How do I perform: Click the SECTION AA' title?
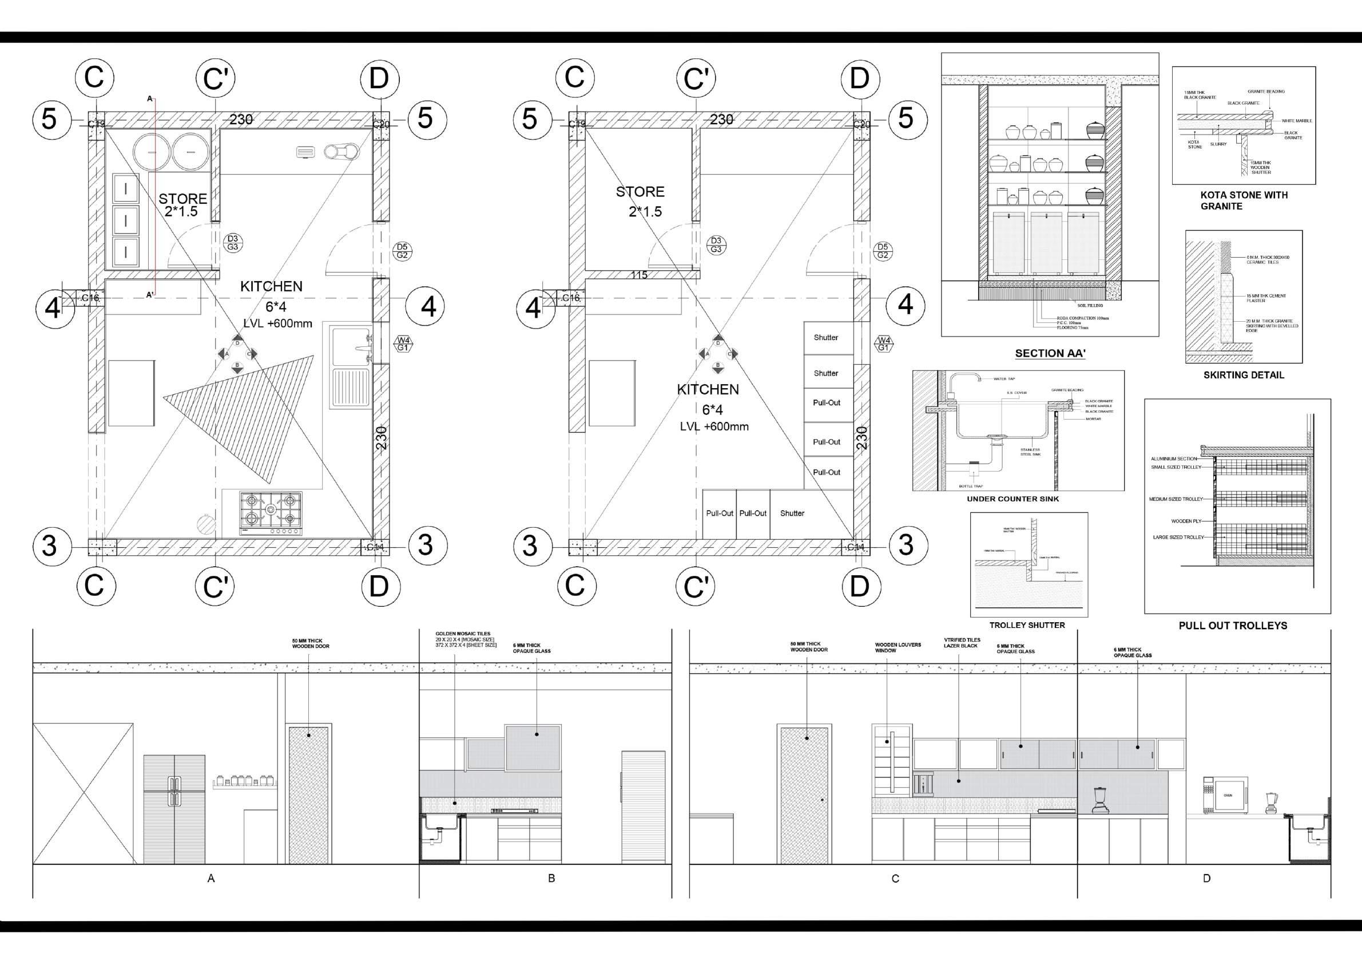click(1050, 353)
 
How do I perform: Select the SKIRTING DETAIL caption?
click(1244, 375)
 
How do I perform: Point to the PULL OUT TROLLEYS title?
click(1233, 626)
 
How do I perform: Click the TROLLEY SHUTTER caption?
click(1027, 625)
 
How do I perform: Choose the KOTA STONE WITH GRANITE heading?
click(1244, 200)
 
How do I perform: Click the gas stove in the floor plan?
click(271, 513)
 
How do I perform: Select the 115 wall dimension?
click(639, 275)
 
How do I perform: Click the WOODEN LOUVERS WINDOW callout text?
click(898, 647)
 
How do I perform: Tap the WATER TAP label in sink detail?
click(1004, 379)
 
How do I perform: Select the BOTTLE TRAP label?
click(971, 486)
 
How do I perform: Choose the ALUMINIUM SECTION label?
click(1173, 459)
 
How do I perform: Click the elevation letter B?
click(551, 878)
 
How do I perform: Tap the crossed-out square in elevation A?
click(83, 793)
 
